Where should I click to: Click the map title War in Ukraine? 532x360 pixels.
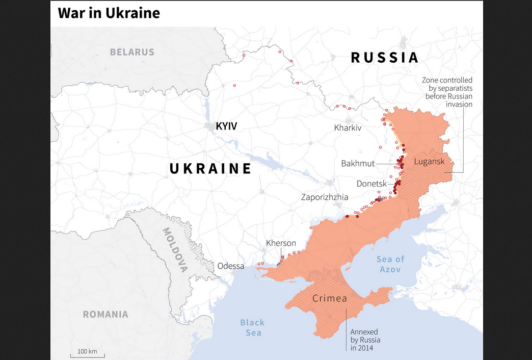(x=109, y=13)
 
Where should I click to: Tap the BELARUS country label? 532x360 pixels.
(x=132, y=52)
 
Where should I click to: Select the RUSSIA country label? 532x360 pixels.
(x=385, y=58)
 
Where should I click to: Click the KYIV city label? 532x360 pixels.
(x=226, y=126)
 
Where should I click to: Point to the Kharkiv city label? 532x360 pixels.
(x=348, y=127)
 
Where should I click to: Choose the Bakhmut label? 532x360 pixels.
(x=358, y=164)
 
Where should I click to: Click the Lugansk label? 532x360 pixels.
(x=430, y=161)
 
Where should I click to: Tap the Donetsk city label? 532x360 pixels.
(x=371, y=183)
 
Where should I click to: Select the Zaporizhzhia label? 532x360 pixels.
(x=325, y=197)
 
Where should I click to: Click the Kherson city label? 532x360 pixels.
(x=281, y=243)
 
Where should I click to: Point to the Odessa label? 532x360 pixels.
(x=231, y=266)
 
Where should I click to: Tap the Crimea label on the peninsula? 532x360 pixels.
(x=330, y=298)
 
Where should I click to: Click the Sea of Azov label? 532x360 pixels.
(x=390, y=264)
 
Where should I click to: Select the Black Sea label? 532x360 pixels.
(x=253, y=327)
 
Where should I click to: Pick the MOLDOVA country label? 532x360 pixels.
(x=175, y=249)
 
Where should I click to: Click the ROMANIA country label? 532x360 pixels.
(x=105, y=314)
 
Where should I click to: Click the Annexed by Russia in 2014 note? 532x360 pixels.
(x=365, y=340)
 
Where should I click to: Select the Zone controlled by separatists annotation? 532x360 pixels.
(x=447, y=92)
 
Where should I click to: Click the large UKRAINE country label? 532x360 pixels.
(x=210, y=169)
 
